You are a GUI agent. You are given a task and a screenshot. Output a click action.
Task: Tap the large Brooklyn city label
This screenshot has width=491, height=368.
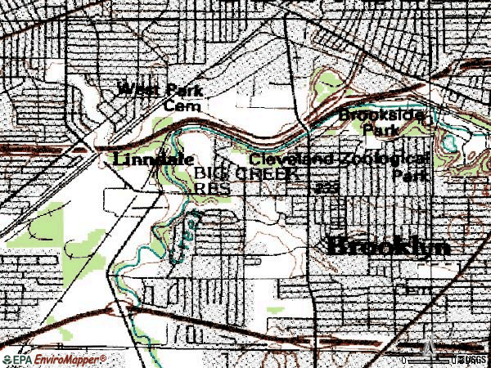(390, 246)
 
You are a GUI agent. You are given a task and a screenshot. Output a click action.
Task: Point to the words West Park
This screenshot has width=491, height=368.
(160, 90)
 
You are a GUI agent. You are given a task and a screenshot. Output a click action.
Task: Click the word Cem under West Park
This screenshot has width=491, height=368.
(178, 105)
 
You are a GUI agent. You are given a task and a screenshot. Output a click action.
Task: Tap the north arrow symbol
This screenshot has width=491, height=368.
(430, 348)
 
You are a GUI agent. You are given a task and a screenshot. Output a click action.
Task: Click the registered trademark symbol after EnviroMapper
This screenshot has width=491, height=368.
(103, 357)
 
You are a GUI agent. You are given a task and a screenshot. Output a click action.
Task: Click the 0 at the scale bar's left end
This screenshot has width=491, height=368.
(404, 360)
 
